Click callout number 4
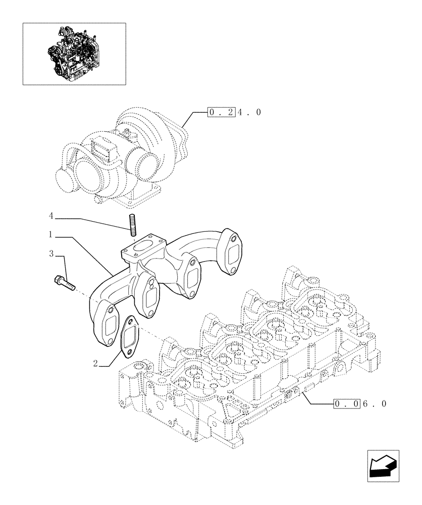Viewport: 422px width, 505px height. tap(51, 216)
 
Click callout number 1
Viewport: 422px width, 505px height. tap(51, 235)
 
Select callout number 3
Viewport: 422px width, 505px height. tap(51, 254)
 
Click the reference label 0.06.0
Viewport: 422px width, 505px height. tap(360, 403)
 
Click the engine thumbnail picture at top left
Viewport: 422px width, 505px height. tap(74, 53)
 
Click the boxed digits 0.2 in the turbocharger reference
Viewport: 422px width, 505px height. tap(221, 112)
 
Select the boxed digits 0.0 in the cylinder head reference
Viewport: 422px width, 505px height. tap(347, 403)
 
